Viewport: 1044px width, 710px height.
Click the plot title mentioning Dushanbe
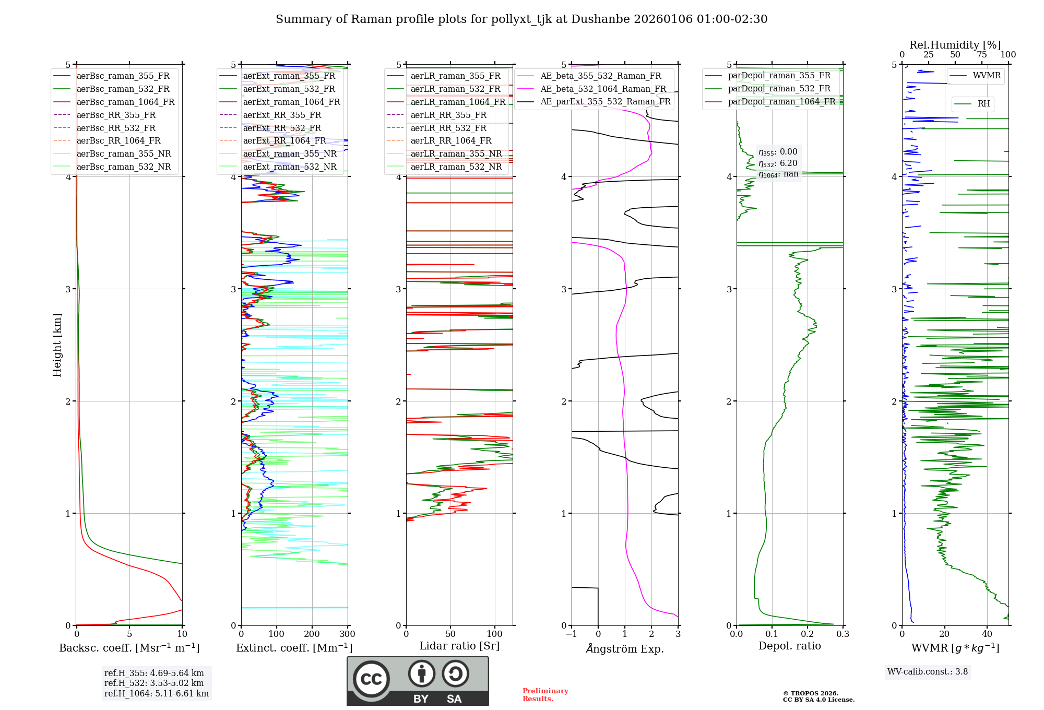pos(521,19)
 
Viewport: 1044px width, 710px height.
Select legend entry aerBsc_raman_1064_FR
pos(125,102)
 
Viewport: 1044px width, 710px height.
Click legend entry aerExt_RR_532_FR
pos(282,128)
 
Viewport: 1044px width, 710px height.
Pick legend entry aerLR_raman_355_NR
pos(456,153)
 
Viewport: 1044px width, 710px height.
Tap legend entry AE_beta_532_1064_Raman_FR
pos(603,89)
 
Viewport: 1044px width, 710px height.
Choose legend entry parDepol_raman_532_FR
pos(779,88)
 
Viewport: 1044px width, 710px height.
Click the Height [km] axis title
pos(57,345)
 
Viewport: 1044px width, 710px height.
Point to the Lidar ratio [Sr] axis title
pos(459,646)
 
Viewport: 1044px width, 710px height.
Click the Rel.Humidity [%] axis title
pos(955,45)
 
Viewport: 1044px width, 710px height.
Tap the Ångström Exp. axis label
pos(625,648)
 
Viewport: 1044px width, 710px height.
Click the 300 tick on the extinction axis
pos(347,634)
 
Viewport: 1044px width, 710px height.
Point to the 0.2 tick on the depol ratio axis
pos(808,634)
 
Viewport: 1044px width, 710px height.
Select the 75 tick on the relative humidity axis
pos(982,55)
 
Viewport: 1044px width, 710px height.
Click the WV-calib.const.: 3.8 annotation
pos(928,672)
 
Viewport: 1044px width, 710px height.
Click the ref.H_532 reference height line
pos(154,683)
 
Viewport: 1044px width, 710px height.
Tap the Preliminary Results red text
pos(545,695)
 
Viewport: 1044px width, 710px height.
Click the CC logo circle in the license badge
pos(371,679)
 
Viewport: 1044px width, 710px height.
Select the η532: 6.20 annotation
pos(778,163)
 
